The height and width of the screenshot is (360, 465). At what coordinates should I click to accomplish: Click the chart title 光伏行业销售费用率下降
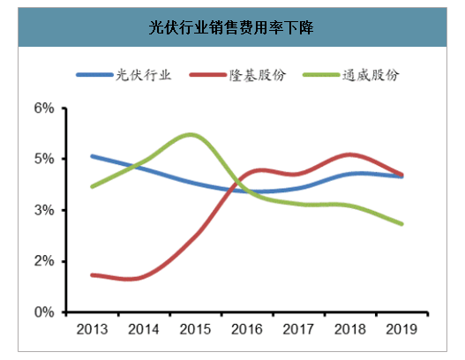230,27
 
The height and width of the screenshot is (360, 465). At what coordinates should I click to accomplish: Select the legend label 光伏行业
144,75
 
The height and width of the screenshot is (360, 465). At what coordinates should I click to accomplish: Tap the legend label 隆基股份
258,75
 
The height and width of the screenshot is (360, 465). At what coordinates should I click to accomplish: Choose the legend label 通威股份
371,75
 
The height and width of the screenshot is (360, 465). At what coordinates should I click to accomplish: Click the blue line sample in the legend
94,75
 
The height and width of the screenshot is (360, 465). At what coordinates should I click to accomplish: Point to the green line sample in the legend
321,75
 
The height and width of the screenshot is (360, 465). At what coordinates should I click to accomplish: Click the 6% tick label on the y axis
44,109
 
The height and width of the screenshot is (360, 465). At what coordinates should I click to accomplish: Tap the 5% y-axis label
44,159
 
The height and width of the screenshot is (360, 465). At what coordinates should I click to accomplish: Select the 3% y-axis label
44,210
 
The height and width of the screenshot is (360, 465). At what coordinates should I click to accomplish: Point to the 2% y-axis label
44,261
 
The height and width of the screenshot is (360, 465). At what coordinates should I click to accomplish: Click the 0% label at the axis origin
44,312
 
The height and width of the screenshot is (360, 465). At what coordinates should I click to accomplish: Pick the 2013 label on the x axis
92,329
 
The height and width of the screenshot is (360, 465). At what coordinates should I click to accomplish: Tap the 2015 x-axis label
195,329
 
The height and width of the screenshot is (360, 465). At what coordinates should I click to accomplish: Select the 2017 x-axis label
298,329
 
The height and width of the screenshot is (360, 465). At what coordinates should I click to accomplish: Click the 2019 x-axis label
401,329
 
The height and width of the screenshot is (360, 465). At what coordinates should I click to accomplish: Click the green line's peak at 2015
191,135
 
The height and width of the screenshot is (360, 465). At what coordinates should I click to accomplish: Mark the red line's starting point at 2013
93,275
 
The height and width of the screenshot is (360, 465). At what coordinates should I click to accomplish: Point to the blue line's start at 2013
93,156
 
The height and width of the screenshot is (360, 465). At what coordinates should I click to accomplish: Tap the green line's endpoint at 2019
401,224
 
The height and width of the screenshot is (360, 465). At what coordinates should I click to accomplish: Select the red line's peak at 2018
350,154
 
